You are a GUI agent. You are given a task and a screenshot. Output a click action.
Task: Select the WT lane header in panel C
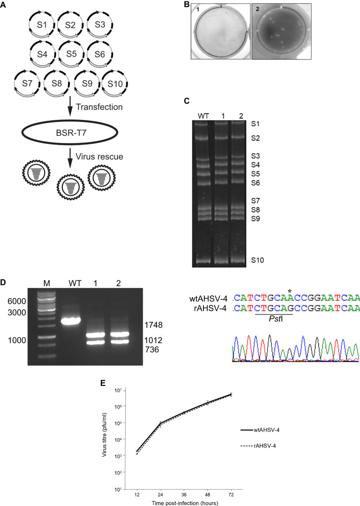coord(204,115)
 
